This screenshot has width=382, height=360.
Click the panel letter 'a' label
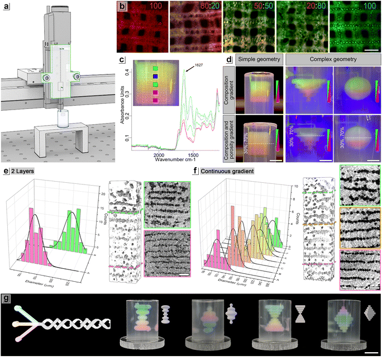(x=7, y=7)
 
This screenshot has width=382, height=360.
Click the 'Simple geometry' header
(x=258, y=59)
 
